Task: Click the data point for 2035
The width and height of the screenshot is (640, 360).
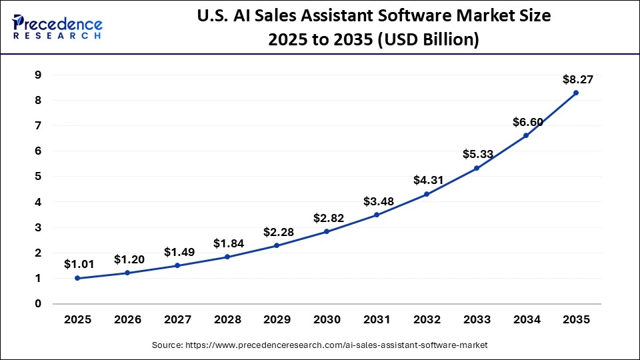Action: [x=576, y=93]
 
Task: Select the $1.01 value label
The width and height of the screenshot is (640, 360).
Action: [x=79, y=264]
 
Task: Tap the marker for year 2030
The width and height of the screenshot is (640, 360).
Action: [x=327, y=231]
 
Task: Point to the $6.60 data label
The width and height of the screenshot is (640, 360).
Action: [x=527, y=122]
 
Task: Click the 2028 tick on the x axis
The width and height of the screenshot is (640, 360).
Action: [x=227, y=320]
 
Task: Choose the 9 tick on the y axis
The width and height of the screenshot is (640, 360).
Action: [x=39, y=75]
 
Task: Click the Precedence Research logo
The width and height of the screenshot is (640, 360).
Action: [x=57, y=27]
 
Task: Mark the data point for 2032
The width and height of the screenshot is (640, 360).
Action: [x=427, y=194]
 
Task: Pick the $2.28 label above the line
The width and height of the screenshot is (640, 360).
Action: [x=278, y=231]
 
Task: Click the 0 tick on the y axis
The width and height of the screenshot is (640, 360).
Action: [x=39, y=303]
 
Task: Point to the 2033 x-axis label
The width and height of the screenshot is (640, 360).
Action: [x=476, y=320]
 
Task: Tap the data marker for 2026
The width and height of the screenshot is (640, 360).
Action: [x=128, y=273]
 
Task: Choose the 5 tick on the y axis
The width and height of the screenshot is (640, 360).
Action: [x=39, y=177]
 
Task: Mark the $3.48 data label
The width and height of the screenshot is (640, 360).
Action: [x=378, y=201]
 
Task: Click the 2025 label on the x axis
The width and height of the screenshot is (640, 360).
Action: [x=77, y=320]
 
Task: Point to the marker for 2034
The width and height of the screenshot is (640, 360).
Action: [x=526, y=135]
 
